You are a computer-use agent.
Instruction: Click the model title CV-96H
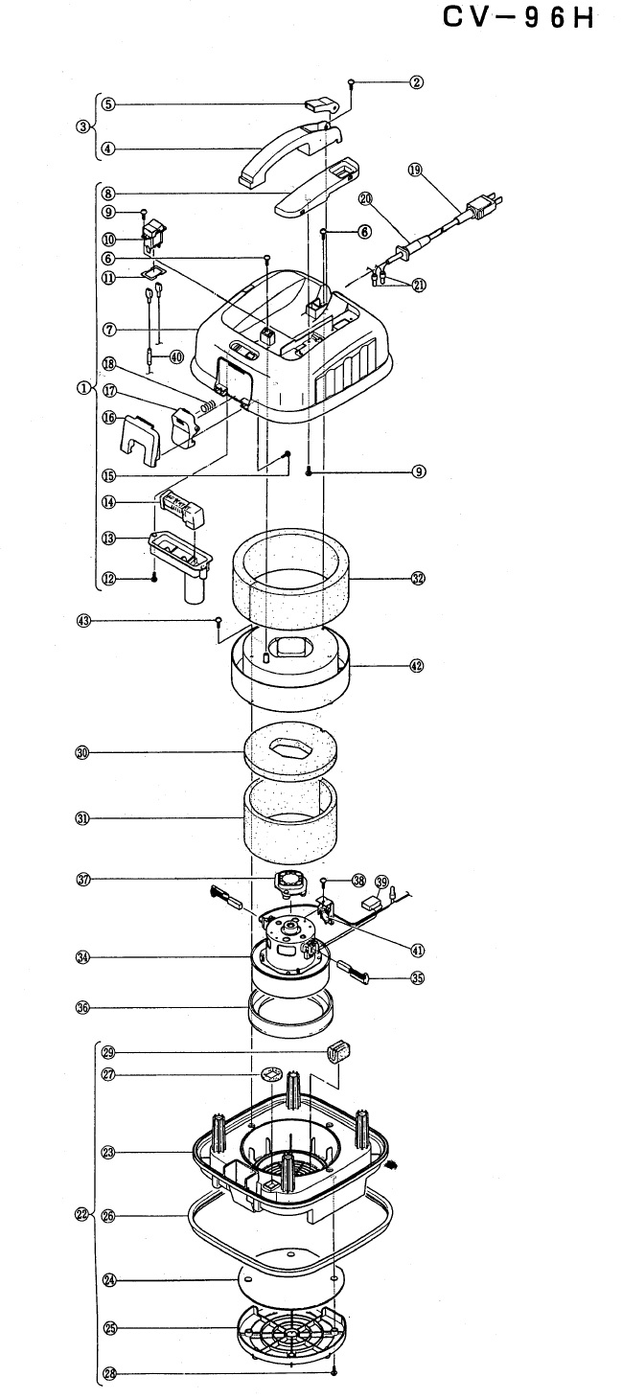518,19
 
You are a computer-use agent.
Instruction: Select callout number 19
415,170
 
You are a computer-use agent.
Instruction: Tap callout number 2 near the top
417,81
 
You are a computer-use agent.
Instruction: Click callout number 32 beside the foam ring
418,579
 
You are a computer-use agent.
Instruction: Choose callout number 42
417,666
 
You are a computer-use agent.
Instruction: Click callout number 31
81,818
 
